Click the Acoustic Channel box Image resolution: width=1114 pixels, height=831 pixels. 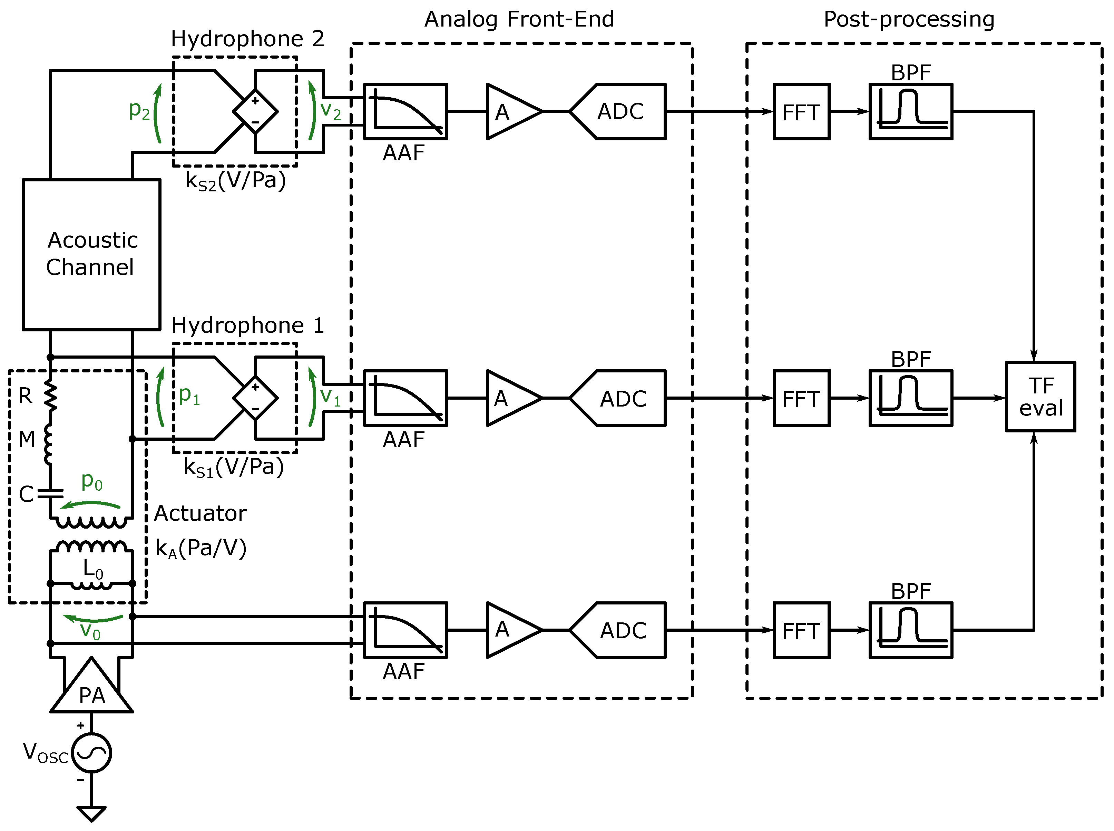click(x=91, y=254)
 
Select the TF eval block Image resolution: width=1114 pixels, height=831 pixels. click(x=1040, y=397)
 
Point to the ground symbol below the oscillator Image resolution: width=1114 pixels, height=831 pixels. click(x=91, y=813)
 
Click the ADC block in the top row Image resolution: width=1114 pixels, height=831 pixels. click(x=618, y=111)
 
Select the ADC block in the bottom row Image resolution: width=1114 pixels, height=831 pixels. click(x=618, y=630)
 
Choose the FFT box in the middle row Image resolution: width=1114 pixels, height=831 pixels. click(x=801, y=398)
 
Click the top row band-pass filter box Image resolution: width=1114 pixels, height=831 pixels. click(x=911, y=111)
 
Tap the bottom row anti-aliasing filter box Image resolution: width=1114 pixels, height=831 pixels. click(x=405, y=630)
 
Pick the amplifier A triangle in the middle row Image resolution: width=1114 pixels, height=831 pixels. click(x=514, y=398)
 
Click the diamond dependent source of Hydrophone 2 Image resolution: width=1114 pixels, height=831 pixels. click(x=255, y=111)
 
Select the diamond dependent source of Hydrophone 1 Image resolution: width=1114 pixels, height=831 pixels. click(x=255, y=398)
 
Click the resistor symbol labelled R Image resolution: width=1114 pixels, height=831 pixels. click(x=50, y=396)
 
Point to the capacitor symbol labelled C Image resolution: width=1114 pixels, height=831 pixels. click(x=50, y=492)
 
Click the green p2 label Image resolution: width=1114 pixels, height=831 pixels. click(x=139, y=110)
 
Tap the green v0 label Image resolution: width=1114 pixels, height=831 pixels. click(x=91, y=631)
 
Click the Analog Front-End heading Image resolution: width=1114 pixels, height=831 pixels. click(x=519, y=19)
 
